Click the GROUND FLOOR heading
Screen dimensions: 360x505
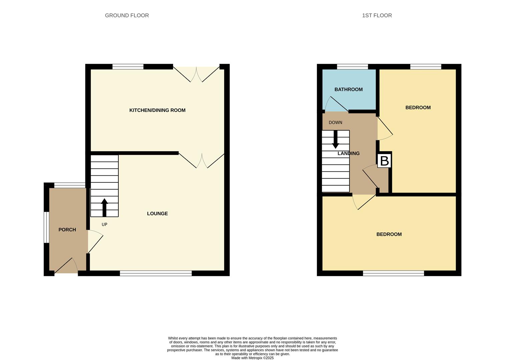coord(127,15)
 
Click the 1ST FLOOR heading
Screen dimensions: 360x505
coord(377,15)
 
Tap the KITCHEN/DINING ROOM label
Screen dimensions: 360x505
coord(157,110)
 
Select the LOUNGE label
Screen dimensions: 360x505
coord(157,214)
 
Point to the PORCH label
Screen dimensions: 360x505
coord(67,230)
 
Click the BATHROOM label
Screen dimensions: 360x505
coord(349,89)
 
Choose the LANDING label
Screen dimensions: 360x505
coord(349,153)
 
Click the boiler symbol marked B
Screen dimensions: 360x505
coord(384,161)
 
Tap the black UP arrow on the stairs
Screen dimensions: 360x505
coord(104,207)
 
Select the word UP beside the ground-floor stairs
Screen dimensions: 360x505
coord(104,225)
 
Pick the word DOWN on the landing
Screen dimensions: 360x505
coord(336,122)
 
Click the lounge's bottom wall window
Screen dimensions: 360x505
coord(156,273)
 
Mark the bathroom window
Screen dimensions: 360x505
coord(352,67)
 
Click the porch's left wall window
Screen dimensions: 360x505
coord(46,227)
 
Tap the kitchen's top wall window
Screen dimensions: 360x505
coord(128,67)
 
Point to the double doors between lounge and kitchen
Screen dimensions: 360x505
coord(201,160)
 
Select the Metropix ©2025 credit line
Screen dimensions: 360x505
coord(252,358)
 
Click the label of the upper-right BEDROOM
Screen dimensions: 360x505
coord(418,108)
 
